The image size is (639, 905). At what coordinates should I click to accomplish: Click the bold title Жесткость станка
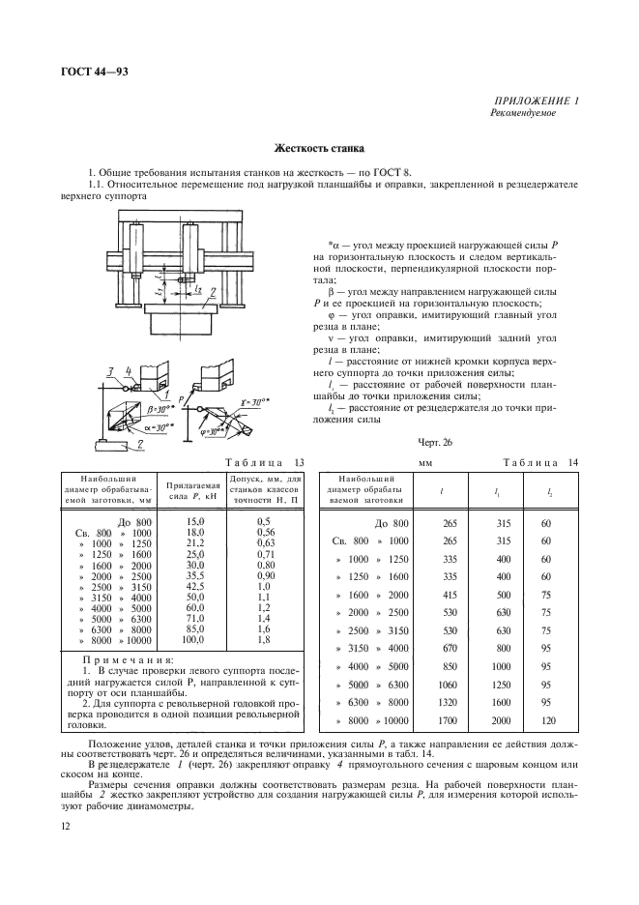319,150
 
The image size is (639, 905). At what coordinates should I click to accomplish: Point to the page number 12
65,825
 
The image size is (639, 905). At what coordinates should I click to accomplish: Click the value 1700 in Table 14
447,722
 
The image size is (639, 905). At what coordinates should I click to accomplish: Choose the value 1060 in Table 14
447,683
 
